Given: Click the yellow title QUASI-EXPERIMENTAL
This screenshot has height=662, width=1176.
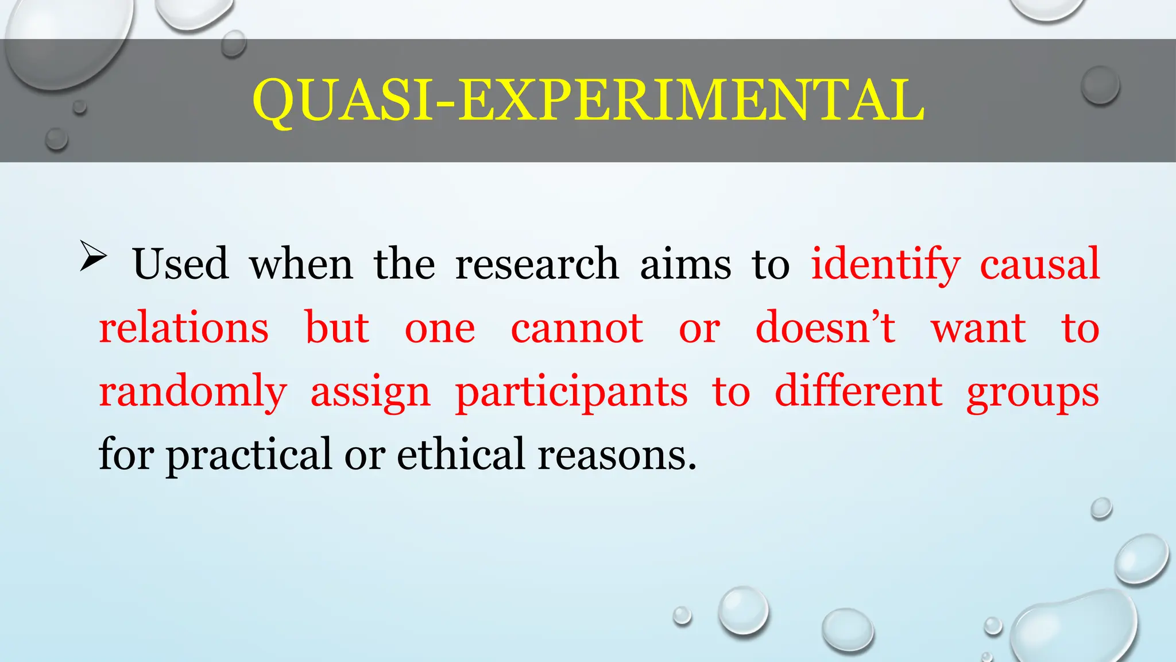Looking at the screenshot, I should [588, 100].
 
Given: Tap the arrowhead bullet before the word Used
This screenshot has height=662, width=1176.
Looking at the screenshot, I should [93, 256].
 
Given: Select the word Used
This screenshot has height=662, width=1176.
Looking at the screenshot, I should [180, 264].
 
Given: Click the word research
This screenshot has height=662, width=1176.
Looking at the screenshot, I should [537, 264].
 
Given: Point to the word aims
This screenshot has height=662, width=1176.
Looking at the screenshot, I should [686, 264].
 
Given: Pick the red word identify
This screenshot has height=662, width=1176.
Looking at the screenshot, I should [885, 265].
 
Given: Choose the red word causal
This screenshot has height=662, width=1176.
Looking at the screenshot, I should [1039, 264].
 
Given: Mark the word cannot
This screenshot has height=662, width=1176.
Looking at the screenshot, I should [577, 329].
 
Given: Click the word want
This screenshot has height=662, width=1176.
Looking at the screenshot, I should [978, 329].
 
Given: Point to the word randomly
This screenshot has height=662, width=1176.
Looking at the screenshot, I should [193, 392].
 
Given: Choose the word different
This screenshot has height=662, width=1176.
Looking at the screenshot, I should [858, 391].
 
